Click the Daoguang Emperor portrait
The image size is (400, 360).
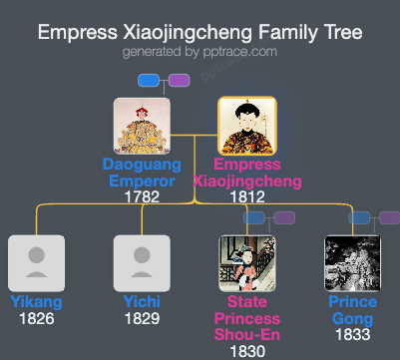(x=142, y=126)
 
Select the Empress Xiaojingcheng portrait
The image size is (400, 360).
(x=247, y=126)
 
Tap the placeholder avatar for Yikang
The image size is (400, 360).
(x=36, y=263)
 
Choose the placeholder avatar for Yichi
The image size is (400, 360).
(x=142, y=263)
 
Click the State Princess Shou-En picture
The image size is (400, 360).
(x=247, y=263)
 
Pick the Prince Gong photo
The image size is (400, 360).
(x=353, y=263)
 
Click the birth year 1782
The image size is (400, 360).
(x=142, y=196)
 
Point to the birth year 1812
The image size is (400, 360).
(x=247, y=196)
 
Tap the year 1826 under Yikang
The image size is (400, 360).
(x=36, y=319)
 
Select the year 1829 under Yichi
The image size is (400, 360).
(x=142, y=319)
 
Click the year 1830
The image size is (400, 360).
(x=247, y=351)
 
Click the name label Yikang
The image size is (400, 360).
(x=36, y=302)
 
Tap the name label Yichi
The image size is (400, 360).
(x=142, y=302)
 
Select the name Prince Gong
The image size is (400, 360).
(x=353, y=310)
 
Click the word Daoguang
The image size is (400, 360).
(x=142, y=164)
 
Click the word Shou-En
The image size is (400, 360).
(x=247, y=334)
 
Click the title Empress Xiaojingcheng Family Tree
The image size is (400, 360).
(x=200, y=32)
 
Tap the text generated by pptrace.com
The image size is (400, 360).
(x=200, y=52)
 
